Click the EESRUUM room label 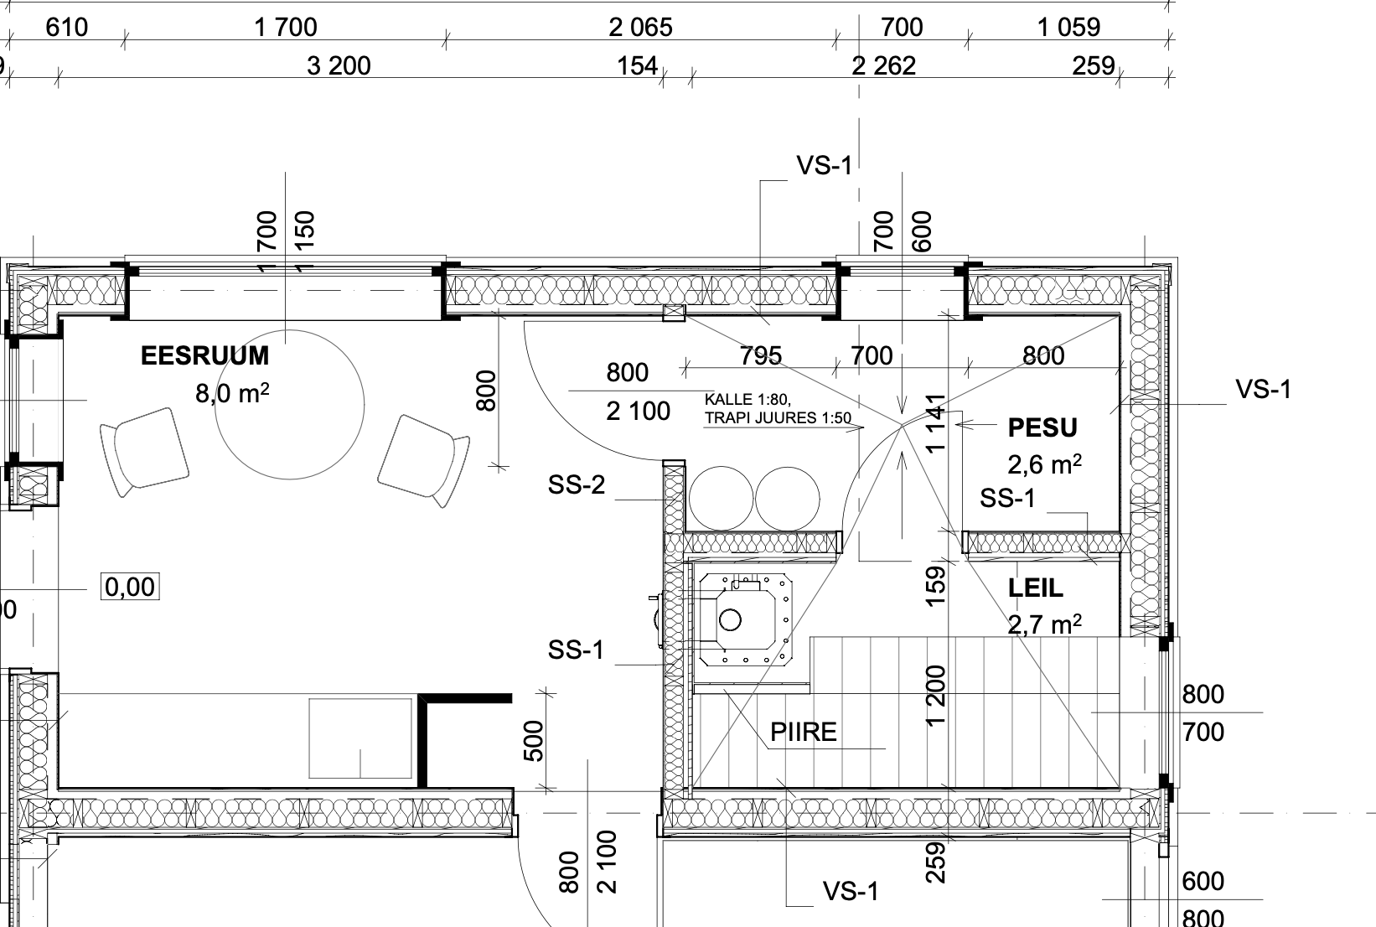click(205, 355)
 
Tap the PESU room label click(1042, 427)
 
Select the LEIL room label click(1036, 588)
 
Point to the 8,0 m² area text click(232, 393)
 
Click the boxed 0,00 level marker click(130, 587)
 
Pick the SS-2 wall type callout click(577, 484)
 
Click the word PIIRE click(804, 732)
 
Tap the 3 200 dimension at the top click(339, 65)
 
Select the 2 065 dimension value click(641, 28)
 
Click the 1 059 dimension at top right click(1068, 28)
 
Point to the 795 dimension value click(760, 355)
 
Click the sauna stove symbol click(745, 619)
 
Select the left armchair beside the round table click(144, 452)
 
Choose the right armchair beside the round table click(424, 461)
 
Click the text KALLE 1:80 click(747, 400)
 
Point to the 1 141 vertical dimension click(935, 424)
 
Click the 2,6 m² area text click(1044, 464)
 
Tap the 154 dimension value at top click(637, 65)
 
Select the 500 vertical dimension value click(534, 741)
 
